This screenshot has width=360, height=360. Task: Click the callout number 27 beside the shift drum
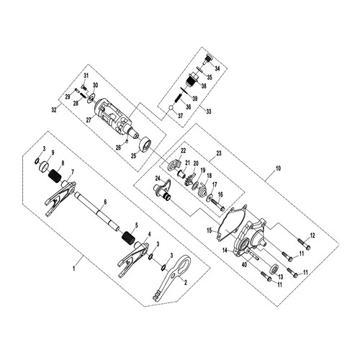coord(89,120)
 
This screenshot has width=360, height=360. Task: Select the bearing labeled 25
coord(145,145)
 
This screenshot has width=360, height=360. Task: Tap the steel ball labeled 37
coord(171,109)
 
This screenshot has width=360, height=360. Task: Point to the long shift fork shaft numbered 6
coord(96,210)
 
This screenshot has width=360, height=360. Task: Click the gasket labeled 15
coord(231,225)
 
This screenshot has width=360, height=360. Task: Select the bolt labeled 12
coord(304,243)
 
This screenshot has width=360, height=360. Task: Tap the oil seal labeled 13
coord(275,269)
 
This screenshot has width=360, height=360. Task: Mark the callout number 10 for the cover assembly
coord(278,168)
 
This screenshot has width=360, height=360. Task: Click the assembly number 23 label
coord(219,153)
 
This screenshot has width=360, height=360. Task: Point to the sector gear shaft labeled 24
coord(163,189)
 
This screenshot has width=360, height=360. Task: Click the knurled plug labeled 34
coord(208,59)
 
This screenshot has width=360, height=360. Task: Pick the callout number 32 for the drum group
coord(54,110)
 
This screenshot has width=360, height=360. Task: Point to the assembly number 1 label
coord(74,268)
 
